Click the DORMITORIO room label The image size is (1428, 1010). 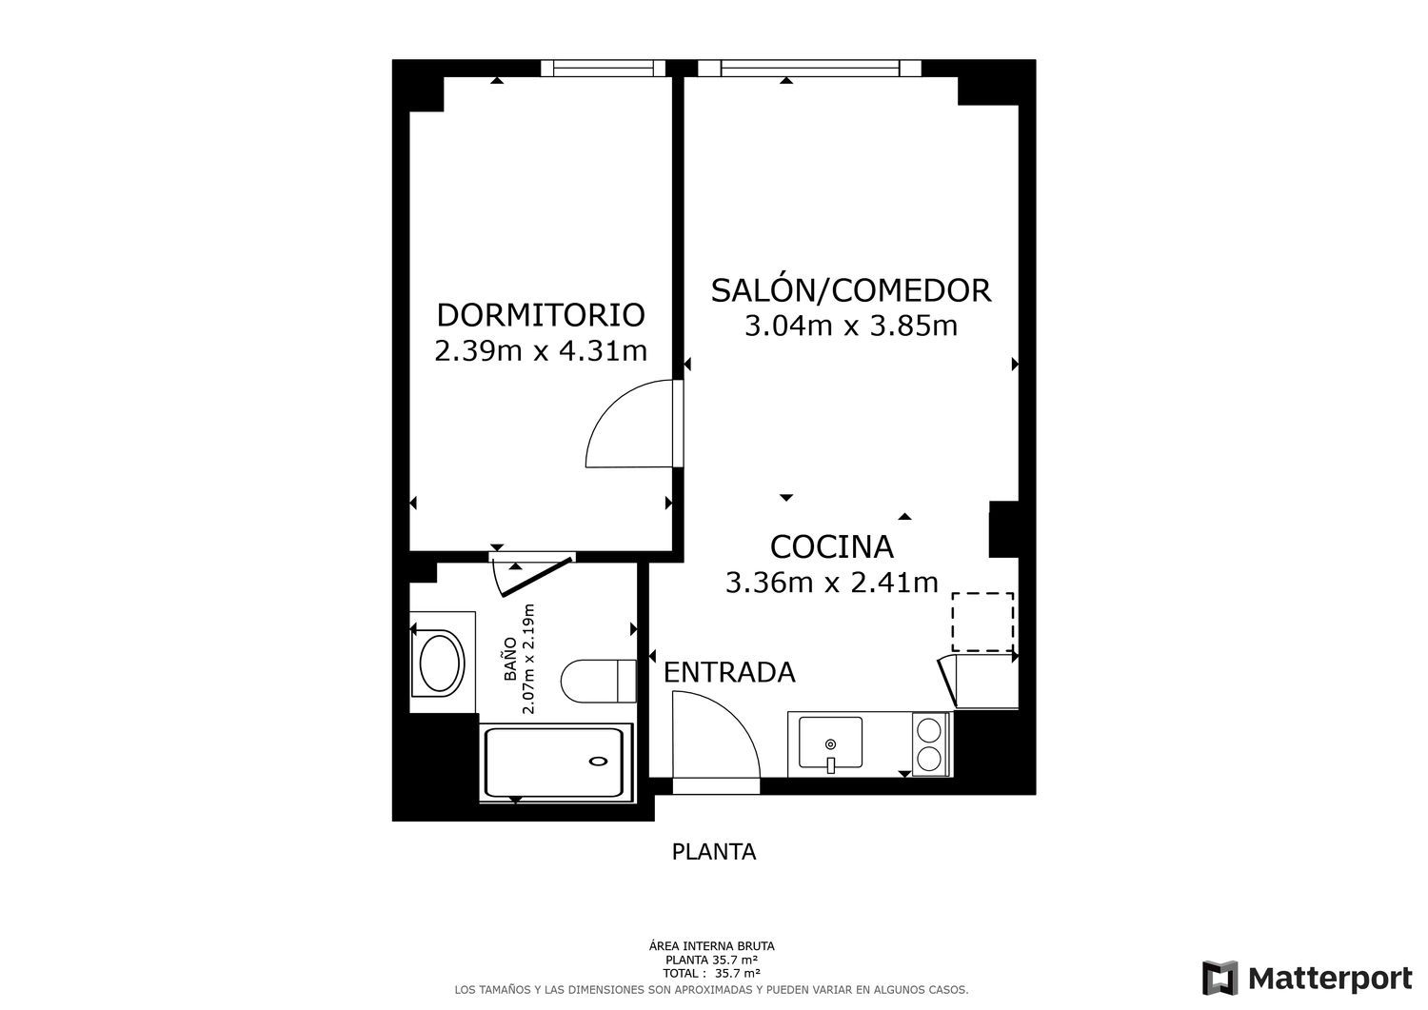coord(541,315)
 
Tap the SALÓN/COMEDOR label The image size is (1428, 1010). coord(851,290)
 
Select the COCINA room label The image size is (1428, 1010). coord(831,546)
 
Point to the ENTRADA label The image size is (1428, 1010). coord(729,672)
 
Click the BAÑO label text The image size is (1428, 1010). coord(510,659)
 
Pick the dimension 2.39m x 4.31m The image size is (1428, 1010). coord(541,350)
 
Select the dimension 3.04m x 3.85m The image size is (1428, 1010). coord(851,326)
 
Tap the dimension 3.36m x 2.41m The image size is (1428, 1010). coord(831,583)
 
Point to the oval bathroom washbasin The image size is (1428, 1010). coord(439,663)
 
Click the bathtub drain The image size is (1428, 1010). coord(598,761)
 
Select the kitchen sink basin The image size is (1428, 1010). coord(830,743)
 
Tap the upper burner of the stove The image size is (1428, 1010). coord(929,729)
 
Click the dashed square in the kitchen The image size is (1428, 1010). coord(982,622)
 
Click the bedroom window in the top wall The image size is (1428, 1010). coord(603,68)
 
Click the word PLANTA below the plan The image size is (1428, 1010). coord(714,852)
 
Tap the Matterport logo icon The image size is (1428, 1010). coord(1220,979)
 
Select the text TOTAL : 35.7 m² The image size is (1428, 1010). coord(711,974)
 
